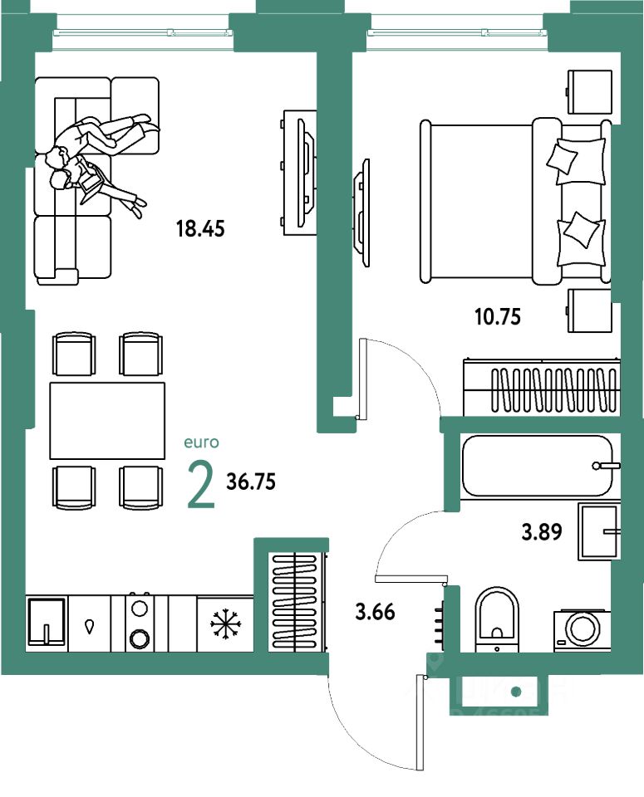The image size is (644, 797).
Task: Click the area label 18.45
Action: pyautogui.click(x=200, y=228)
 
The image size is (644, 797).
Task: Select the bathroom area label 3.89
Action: pyautogui.click(x=543, y=532)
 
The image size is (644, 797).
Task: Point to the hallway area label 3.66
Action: pyautogui.click(x=375, y=614)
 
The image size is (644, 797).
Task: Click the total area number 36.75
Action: pyautogui.click(x=251, y=482)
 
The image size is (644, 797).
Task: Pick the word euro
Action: pyautogui.click(x=202, y=444)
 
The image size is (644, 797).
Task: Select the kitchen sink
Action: pyautogui.click(x=46, y=621)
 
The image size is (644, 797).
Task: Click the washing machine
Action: pyautogui.click(x=582, y=629)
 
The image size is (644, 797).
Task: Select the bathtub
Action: pyautogui.click(x=537, y=466)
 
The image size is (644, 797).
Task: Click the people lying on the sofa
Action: pyautogui.click(x=96, y=158)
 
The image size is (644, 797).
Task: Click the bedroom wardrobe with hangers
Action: pyautogui.click(x=540, y=387)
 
